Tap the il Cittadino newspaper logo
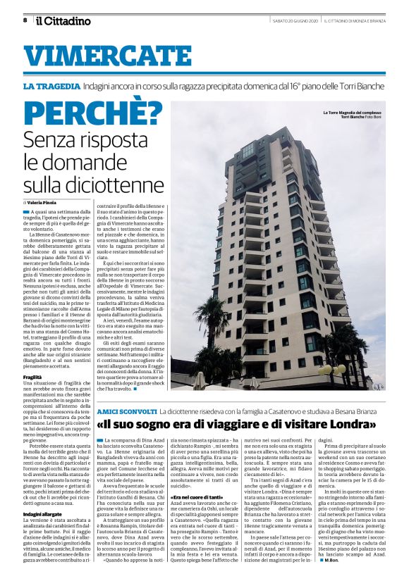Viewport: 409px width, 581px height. click(x=64, y=20)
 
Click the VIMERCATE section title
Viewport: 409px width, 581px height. click(x=99, y=56)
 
